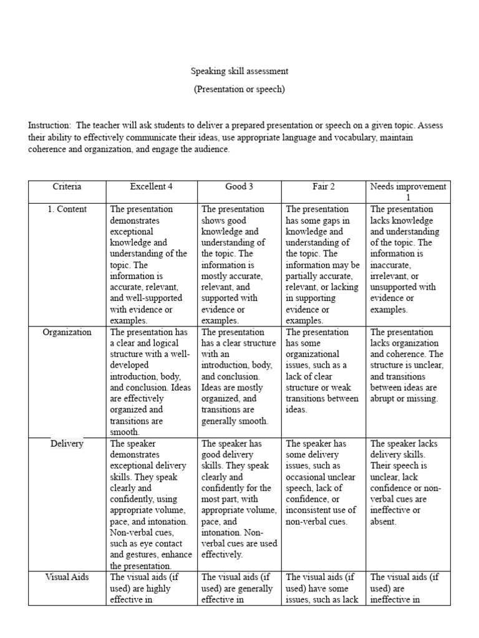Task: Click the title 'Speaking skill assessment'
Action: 239,72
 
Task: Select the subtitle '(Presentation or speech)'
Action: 239,89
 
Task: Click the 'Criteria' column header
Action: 67,186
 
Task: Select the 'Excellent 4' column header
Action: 151,186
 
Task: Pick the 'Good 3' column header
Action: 239,186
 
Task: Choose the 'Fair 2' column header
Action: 324,186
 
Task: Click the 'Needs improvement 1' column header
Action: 408,191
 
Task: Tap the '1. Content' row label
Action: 67,209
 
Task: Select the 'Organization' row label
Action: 67,332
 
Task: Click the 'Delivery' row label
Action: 67,444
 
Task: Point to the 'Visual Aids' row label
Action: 67,578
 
